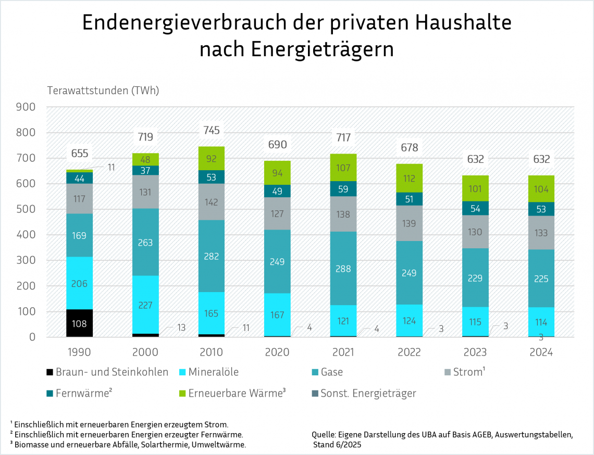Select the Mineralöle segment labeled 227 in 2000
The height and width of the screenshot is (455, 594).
(x=145, y=305)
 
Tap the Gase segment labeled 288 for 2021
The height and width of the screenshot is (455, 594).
(x=343, y=269)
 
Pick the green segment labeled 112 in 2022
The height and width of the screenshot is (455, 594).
(x=409, y=178)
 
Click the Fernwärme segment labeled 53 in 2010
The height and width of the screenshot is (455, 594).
(x=212, y=177)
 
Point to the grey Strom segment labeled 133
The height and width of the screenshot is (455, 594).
(x=541, y=233)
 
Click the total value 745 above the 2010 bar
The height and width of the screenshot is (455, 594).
(x=212, y=130)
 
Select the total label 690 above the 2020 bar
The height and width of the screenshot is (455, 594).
(x=277, y=144)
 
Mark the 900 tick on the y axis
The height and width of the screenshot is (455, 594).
(x=26, y=107)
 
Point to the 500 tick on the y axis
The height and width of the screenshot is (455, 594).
(x=26, y=209)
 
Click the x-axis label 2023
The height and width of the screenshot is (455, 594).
(x=475, y=352)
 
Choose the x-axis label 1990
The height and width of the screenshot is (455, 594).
(x=80, y=352)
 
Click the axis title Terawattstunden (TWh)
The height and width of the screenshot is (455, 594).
(x=103, y=90)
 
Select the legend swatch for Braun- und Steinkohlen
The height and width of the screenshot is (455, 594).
(x=49, y=372)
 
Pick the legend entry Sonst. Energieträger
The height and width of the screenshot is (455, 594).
(x=368, y=393)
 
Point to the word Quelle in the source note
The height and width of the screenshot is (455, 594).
(x=323, y=435)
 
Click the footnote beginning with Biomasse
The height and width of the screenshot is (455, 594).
(x=128, y=445)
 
